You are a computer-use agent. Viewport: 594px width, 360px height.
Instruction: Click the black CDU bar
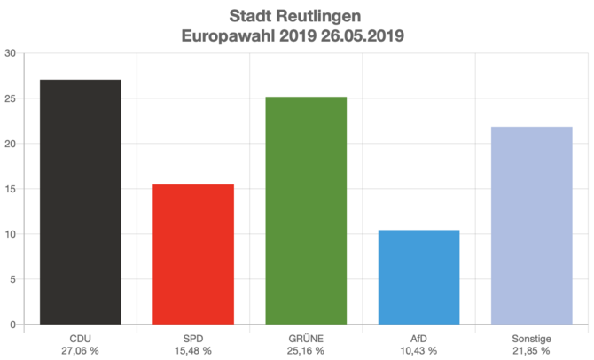point(81,202)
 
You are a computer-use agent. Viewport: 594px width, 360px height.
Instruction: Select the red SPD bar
point(193,254)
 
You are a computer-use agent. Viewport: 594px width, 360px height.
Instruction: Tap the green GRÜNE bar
point(306,211)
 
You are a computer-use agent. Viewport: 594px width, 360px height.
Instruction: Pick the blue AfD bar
point(418,278)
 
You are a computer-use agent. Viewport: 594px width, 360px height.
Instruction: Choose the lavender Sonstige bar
point(531,226)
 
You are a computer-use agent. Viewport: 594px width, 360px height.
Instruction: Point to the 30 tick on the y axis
point(10,53)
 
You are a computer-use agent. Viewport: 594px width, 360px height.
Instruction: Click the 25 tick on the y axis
point(10,98)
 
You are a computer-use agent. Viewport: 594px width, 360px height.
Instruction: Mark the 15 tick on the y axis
point(10,189)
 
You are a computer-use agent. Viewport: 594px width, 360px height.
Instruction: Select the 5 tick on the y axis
point(12,279)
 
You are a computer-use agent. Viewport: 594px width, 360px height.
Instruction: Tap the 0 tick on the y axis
point(12,325)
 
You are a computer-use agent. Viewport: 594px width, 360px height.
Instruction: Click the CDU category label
point(81,339)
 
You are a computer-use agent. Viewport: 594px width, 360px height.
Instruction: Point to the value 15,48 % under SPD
point(193,351)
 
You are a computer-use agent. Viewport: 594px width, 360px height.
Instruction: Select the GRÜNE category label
point(306,339)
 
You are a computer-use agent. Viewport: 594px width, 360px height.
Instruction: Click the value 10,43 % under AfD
point(418,351)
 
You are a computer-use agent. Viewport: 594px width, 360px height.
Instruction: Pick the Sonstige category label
point(531,339)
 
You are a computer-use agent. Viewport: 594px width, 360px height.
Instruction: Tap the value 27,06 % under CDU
point(81,351)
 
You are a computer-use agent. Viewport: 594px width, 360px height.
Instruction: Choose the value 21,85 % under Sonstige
point(531,351)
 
